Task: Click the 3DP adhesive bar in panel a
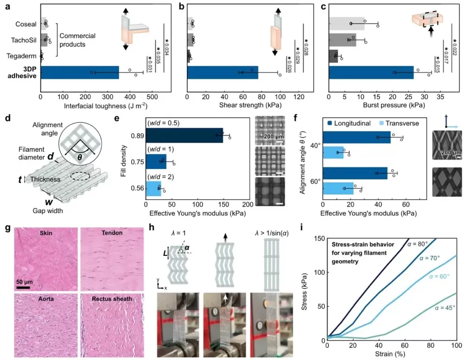click(x=80, y=72)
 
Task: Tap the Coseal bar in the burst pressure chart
click(x=347, y=23)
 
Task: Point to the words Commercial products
click(x=78, y=40)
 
